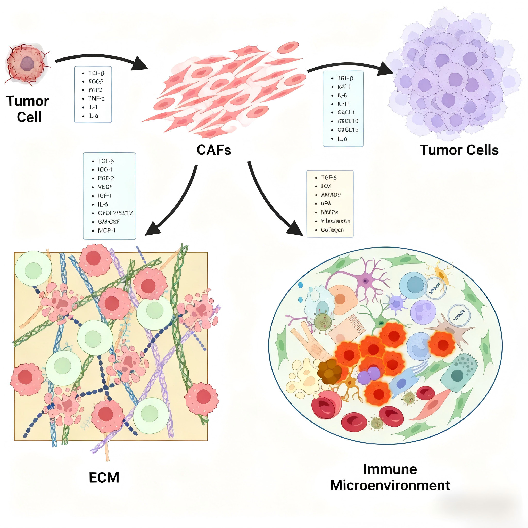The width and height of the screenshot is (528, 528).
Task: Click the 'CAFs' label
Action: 214,150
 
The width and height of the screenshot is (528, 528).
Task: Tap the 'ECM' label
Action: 104,477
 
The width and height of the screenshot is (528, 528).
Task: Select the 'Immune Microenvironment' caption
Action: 390,477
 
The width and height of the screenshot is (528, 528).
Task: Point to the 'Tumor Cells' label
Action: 459,150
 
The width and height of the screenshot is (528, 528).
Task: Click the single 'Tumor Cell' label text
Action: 28,109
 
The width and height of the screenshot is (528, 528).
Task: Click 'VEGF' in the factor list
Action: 105,187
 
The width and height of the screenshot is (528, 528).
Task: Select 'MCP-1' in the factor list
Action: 106,230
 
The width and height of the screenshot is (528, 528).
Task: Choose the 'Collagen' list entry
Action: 332,230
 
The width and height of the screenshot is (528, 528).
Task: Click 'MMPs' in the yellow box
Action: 329,212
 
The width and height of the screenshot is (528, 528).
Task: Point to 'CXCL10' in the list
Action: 348,121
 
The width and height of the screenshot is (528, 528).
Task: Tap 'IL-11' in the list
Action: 343,104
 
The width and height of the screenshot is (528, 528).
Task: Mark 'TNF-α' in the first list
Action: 96,98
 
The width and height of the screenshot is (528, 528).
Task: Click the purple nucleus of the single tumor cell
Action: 27,64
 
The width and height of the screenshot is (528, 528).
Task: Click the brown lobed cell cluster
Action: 329,372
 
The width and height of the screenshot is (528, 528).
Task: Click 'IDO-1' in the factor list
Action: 105,169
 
